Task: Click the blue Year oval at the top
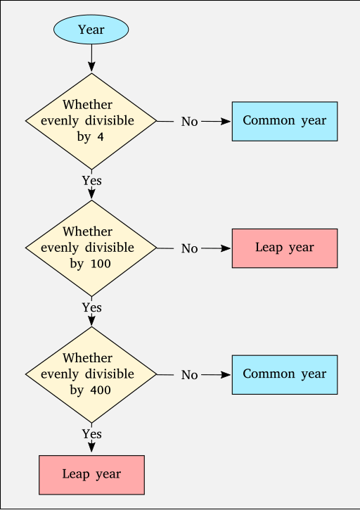(x=91, y=30)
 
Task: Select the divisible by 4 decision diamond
(x=91, y=121)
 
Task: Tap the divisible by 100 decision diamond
(x=91, y=248)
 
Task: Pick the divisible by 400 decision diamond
(x=91, y=375)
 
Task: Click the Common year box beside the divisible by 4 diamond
(x=285, y=121)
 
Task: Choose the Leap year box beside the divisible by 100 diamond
(x=285, y=248)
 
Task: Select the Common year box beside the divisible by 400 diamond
(x=285, y=375)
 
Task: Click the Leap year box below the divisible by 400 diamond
(x=91, y=475)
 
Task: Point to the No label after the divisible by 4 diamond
(x=190, y=122)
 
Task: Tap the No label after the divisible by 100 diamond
(x=190, y=248)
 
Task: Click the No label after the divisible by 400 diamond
(x=190, y=375)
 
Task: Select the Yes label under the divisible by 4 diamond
(x=91, y=181)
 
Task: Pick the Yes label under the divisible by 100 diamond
(x=91, y=307)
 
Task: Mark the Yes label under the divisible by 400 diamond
(x=91, y=434)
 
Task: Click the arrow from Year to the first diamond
(x=91, y=58)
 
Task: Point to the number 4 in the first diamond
(x=101, y=136)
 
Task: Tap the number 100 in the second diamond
(x=101, y=264)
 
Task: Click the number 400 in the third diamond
(x=101, y=390)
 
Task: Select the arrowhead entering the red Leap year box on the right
(x=226, y=248)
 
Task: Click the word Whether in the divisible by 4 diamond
(x=87, y=105)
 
